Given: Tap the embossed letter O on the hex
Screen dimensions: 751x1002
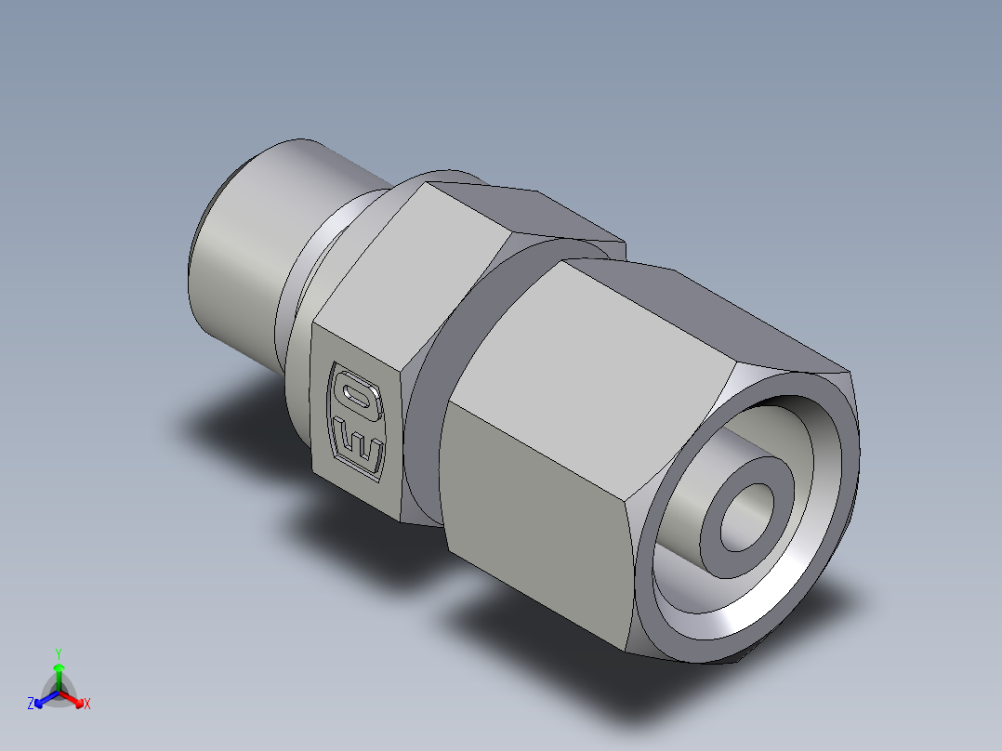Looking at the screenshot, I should [356, 395].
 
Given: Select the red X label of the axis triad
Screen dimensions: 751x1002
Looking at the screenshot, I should [87, 705].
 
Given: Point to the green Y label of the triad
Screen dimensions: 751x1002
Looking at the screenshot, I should [59, 652].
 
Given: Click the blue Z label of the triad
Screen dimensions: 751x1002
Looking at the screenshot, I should [31, 705].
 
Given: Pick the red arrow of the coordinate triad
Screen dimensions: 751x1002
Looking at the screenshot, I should [74, 698].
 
